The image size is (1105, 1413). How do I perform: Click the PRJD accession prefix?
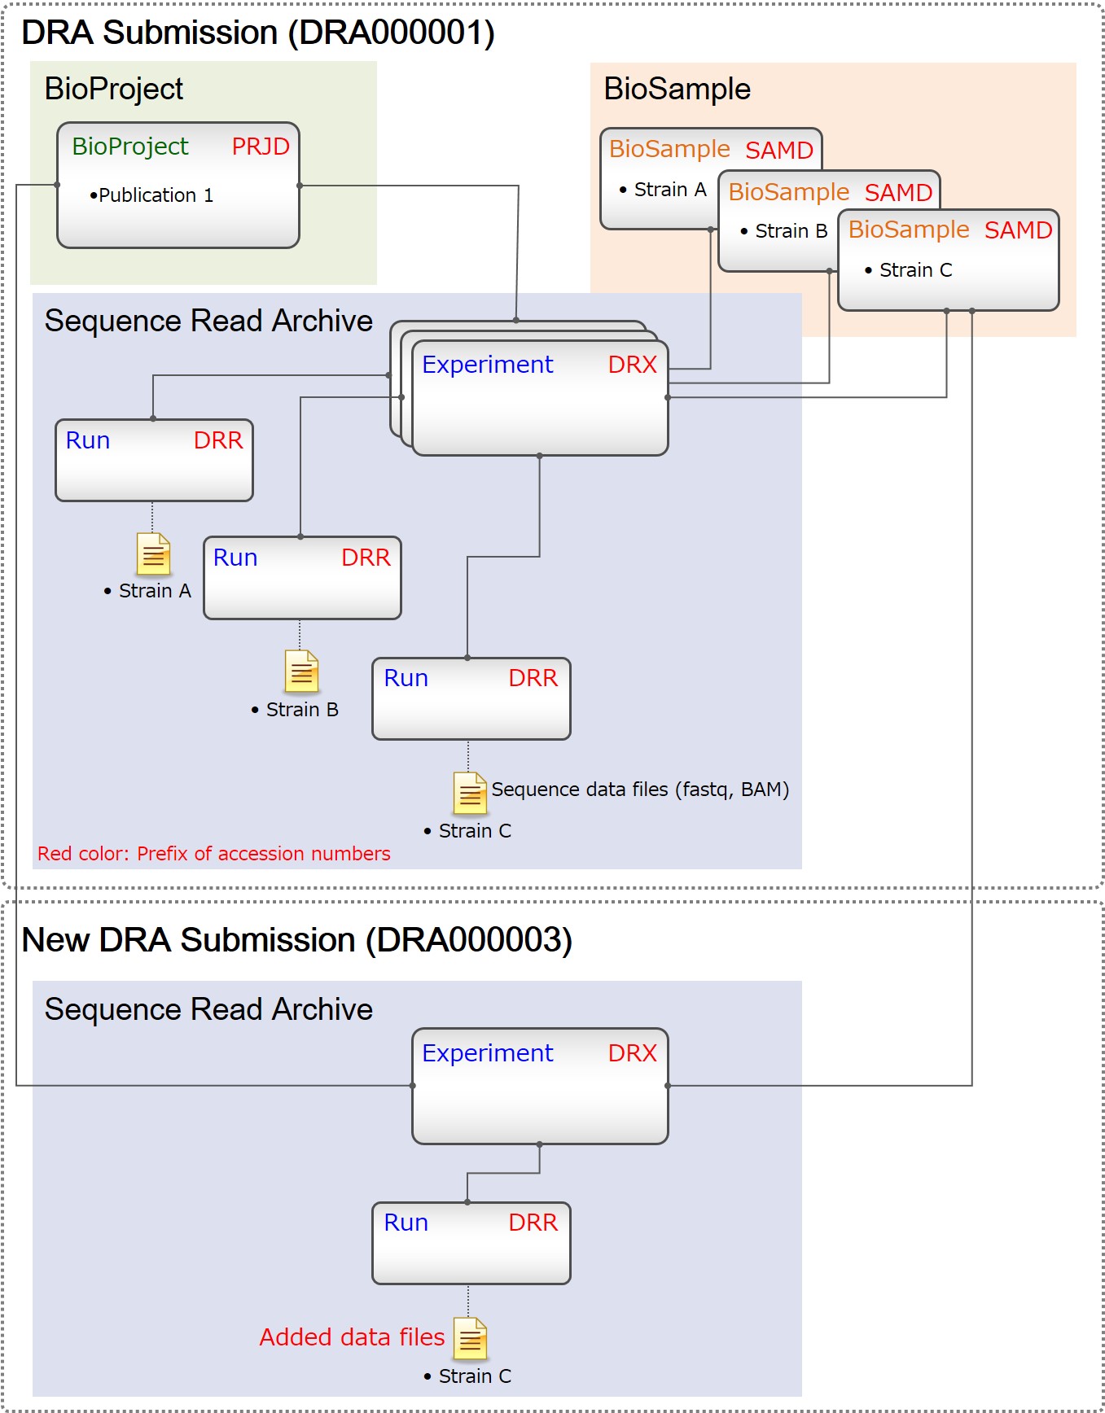[x=261, y=147]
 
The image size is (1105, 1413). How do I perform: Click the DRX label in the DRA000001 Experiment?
[x=632, y=365]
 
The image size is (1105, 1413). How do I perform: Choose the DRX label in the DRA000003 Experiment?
[x=632, y=1053]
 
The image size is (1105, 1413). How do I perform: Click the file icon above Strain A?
[x=153, y=553]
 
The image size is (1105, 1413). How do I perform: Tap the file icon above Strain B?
[x=301, y=671]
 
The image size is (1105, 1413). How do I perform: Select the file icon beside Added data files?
[x=471, y=1338]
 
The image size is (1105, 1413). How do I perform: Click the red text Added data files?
[x=352, y=1337]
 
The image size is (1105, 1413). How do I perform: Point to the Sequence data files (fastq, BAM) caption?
[x=640, y=790]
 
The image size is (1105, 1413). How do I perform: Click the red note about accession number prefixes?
[x=213, y=854]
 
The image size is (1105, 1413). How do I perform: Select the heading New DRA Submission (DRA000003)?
[x=296, y=940]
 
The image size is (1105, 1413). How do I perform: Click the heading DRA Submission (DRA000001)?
[x=257, y=33]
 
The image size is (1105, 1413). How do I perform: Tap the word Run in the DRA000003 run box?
[x=406, y=1223]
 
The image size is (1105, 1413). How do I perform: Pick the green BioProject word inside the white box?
[x=129, y=147]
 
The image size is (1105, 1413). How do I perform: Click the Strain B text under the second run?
[x=301, y=710]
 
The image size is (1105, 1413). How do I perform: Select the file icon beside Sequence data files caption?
[x=470, y=793]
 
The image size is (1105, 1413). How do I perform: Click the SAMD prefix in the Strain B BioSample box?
[x=898, y=193]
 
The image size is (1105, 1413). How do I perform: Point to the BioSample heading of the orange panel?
[x=677, y=89]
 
